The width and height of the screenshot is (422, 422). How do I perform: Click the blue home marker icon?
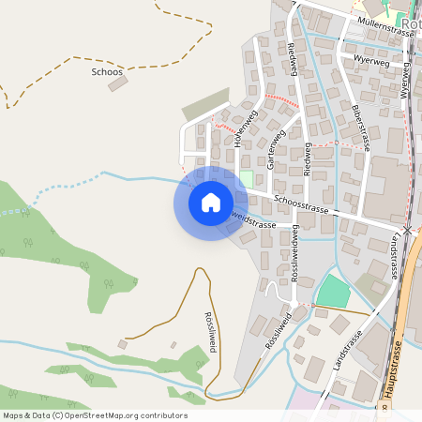tap(211, 203)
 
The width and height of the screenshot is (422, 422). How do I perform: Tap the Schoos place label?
tap(107, 71)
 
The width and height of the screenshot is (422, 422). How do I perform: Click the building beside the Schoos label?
tap(118, 83)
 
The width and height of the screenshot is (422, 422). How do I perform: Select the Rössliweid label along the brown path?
tap(209, 331)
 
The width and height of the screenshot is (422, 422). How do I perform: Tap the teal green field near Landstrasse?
tap(333, 291)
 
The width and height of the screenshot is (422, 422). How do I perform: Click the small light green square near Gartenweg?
tap(247, 178)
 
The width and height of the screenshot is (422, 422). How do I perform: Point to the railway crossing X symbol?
tap(409, 229)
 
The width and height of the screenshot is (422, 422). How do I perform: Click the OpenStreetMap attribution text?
tap(95, 415)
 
